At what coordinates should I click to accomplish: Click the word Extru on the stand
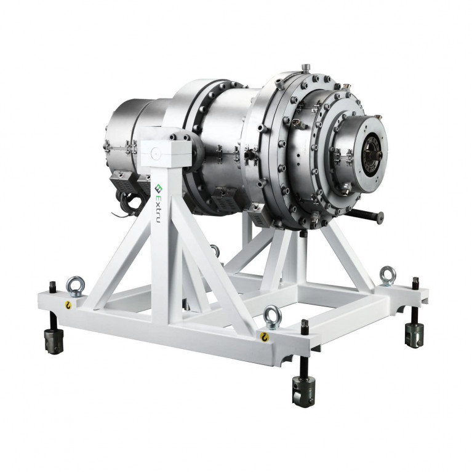(x=158, y=209)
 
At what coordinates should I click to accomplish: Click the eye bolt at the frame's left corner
(x=75, y=286)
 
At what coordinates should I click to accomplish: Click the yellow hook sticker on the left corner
(x=68, y=305)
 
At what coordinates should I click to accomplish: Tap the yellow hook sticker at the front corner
(x=264, y=337)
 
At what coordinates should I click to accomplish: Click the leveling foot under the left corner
(x=54, y=340)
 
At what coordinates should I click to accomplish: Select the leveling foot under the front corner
(x=303, y=391)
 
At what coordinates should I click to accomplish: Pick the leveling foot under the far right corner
(x=414, y=335)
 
